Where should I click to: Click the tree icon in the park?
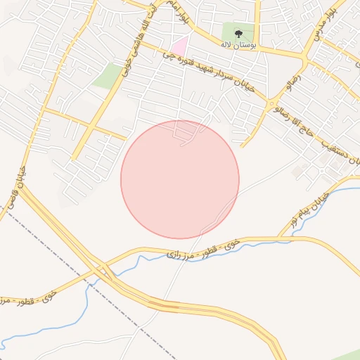pos(238,32)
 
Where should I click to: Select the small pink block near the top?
pos(181,45)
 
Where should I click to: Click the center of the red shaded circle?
pos(180,179)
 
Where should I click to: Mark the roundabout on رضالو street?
pos(272,105)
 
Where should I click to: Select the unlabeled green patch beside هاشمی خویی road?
pos(106,76)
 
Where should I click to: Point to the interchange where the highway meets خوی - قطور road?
pos(105,271)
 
